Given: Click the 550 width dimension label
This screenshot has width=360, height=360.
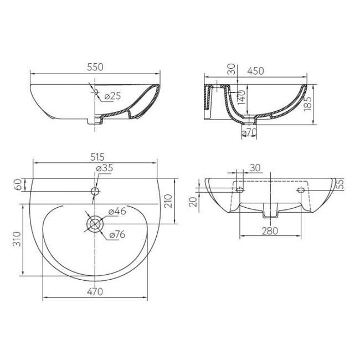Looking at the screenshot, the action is tap(95, 67).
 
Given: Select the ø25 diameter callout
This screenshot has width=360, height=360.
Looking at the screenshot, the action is tap(112, 96).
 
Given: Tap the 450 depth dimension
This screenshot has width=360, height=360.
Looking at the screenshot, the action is tap(255, 71).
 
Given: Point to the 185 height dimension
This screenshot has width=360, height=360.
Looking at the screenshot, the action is tap(307, 104).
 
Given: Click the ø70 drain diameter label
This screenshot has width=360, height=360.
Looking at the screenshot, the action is tap(249, 132).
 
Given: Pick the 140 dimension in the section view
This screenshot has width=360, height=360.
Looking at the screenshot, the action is tap(241, 97).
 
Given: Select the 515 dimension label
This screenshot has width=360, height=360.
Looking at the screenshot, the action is tap(97, 157).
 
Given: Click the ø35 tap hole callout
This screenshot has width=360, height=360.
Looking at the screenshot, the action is tap(105, 168).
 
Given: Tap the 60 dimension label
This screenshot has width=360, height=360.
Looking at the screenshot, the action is tap(18, 184).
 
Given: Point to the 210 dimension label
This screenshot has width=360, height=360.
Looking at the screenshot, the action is tap(168, 201).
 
